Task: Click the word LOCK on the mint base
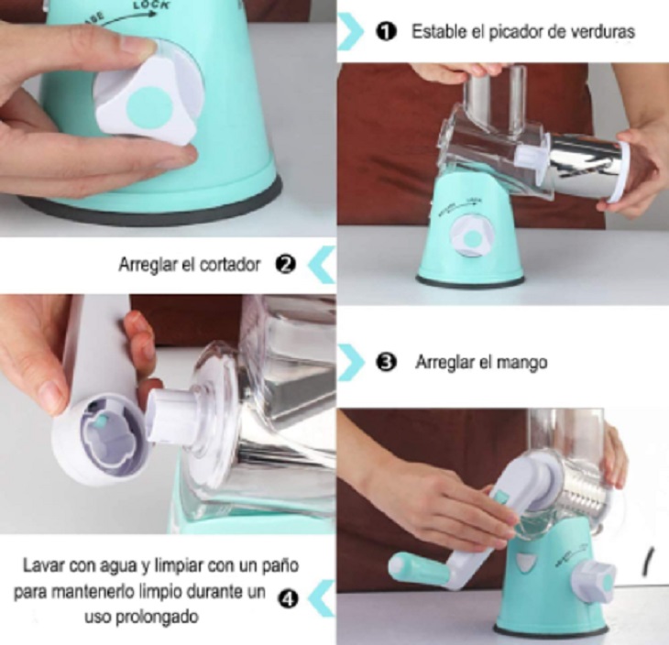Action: [x=150, y=5]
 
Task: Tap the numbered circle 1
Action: [x=387, y=32]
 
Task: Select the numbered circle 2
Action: [x=285, y=265]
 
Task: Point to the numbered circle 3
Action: [x=386, y=362]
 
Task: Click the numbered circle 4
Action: [x=288, y=599]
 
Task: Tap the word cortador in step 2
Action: [x=229, y=265]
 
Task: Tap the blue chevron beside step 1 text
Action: [x=351, y=31]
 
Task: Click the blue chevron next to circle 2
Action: [x=322, y=265]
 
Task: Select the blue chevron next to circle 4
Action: [x=322, y=598]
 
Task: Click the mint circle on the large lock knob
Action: [x=149, y=108]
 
